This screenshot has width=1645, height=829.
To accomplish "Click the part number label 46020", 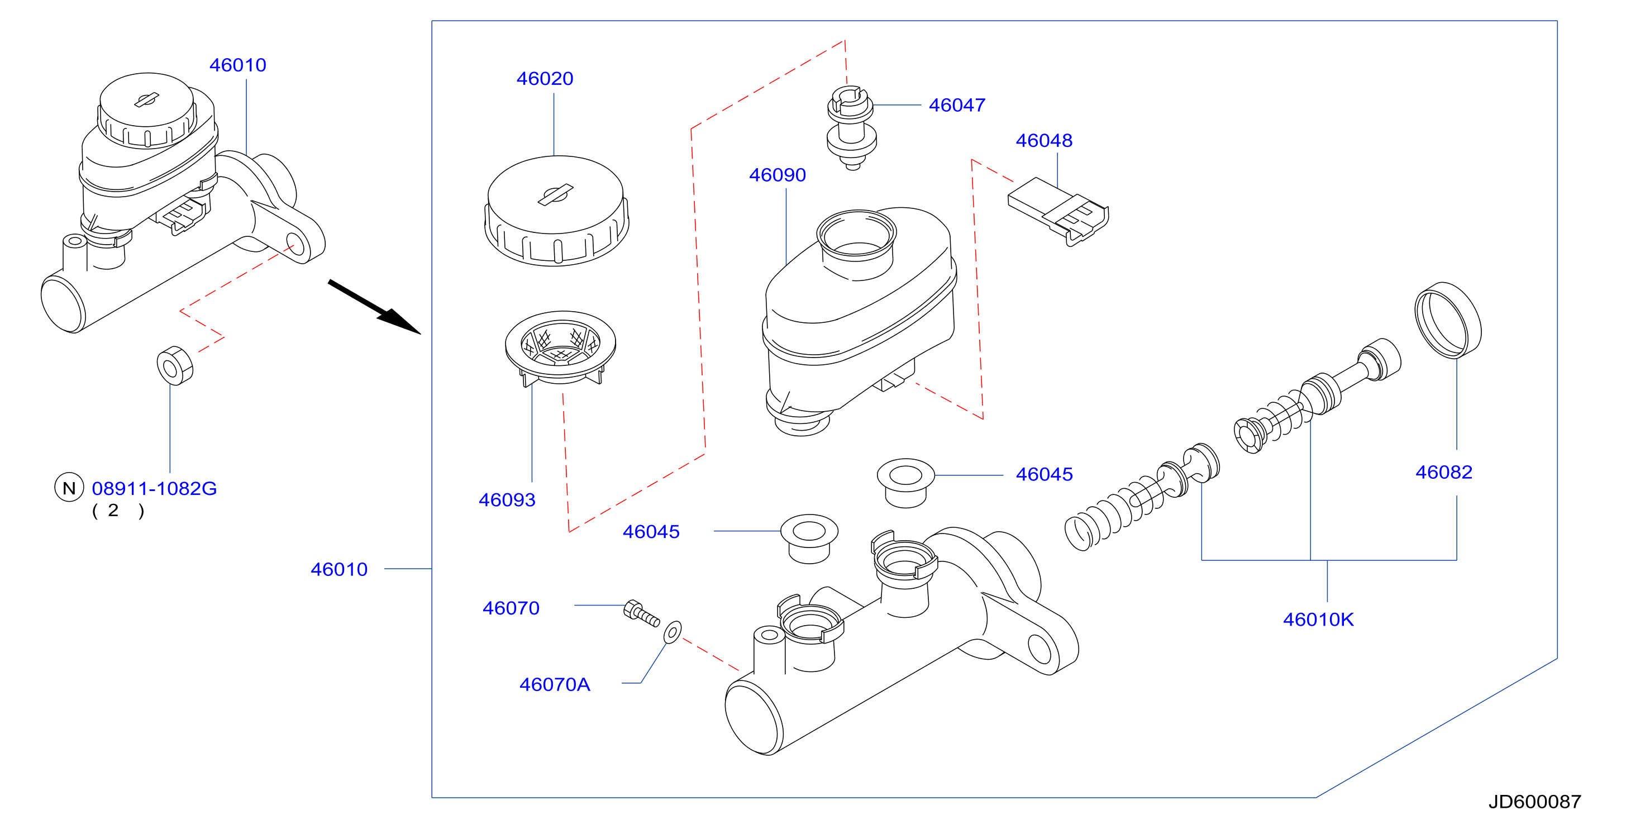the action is pyautogui.click(x=545, y=79).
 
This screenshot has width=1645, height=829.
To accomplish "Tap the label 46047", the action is pyautogui.click(x=957, y=106).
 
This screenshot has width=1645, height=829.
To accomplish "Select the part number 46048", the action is pyautogui.click(x=1044, y=141).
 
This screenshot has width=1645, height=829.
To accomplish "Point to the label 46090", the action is pyautogui.click(x=777, y=175).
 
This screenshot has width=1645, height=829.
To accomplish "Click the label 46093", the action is pyautogui.click(x=507, y=500).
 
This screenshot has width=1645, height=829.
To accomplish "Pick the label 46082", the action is pyautogui.click(x=1444, y=472).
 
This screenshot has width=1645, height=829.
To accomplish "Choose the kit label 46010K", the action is pyautogui.click(x=1318, y=620).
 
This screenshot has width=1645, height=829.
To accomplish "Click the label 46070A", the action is pyautogui.click(x=554, y=685).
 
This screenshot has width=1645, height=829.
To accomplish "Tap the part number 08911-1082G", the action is pyautogui.click(x=155, y=489).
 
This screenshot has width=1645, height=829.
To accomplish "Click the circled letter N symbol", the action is pyautogui.click(x=69, y=488).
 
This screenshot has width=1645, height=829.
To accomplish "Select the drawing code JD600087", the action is pyautogui.click(x=1534, y=802).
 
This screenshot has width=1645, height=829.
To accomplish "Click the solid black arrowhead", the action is pyautogui.click(x=399, y=321).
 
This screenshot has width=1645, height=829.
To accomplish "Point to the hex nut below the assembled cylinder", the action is pyautogui.click(x=175, y=365).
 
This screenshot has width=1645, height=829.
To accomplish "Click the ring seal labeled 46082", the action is pyautogui.click(x=1448, y=320).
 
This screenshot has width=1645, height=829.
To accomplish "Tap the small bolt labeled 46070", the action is pyautogui.click(x=641, y=614).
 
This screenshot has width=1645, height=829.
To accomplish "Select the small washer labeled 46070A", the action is pyautogui.click(x=673, y=632).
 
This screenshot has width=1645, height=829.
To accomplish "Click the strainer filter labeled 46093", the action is pyautogui.click(x=560, y=349).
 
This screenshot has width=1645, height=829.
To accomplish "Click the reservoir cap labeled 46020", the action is pyautogui.click(x=556, y=211).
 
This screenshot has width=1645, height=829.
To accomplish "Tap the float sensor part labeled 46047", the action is pyautogui.click(x=852, y=128).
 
